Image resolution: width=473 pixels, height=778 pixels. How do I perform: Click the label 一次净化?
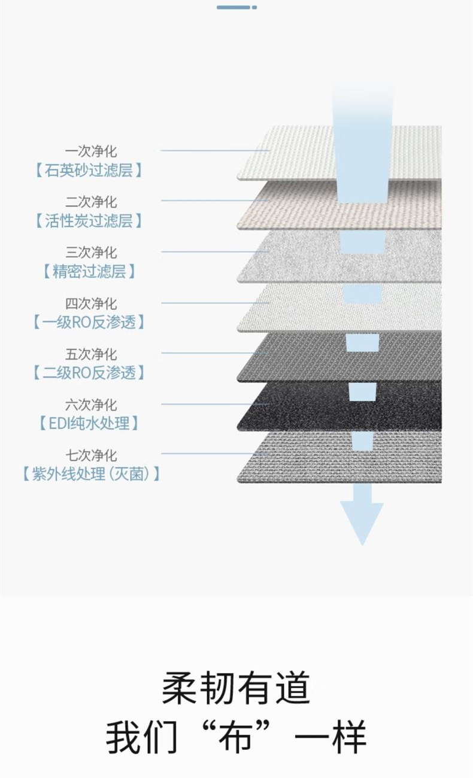click(91, 151)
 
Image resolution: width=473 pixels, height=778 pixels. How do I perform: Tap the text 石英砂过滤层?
click(89, 171)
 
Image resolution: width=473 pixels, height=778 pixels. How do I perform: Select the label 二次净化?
click(91, 202)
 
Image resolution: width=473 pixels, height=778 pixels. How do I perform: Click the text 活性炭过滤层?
click(89, 221)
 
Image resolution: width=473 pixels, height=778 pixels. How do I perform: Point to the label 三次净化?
click(91, 253)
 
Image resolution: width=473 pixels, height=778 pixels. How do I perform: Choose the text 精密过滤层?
click(89, 271)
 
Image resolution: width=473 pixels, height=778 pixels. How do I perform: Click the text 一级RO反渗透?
click(89, 323)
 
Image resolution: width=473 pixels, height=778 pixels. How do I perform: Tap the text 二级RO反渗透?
click(89, 373)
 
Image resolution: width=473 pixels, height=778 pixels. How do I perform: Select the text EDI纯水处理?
click(89, 423)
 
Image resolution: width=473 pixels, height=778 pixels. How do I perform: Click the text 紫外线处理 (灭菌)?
click(91, 474)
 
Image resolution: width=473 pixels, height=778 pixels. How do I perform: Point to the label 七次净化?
click(91, 455)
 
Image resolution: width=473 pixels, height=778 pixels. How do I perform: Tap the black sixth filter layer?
click(339, 406)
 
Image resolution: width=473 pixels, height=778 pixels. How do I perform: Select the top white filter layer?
click(339, 153)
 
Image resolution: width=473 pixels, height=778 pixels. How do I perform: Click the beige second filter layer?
click(339, 205)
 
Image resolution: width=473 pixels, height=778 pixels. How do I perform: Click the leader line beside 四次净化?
click(216, 303)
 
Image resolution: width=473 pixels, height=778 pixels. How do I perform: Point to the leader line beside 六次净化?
click(215, 404)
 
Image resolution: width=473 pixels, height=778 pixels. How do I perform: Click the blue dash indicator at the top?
click(236, 7)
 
